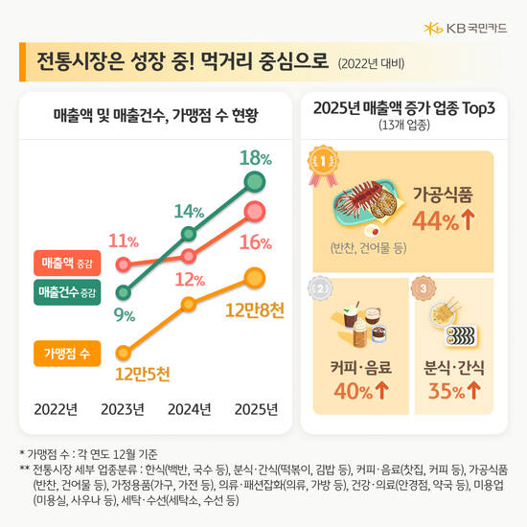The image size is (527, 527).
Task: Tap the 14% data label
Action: coord(189,212)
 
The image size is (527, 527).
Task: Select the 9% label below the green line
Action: coord(125,313)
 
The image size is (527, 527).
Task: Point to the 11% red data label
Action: coord(123,241)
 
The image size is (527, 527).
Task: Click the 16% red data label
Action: coord(255,242)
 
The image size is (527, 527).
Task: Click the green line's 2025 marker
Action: coord(254,182)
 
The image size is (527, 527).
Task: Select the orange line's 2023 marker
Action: coord(123,353)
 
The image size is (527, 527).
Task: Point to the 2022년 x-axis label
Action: coord(56,409)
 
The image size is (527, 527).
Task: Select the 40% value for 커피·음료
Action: coord(354,392)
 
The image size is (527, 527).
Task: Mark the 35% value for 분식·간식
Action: coord(453,392)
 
